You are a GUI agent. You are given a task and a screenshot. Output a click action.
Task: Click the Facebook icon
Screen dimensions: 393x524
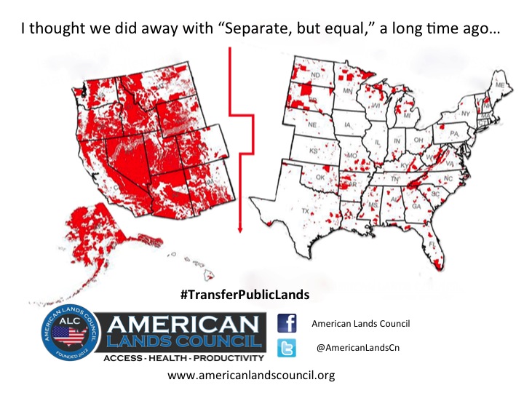tap(287, 323)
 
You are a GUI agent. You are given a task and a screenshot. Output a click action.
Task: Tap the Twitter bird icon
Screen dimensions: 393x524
tap(287, 348)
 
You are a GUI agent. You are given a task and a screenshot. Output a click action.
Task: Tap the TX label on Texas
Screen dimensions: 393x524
tap(306, 211)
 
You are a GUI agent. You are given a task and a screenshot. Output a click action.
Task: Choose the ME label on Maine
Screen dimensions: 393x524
tap(499, 86)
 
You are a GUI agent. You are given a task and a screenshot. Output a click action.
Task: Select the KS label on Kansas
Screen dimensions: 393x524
tap(314, 151)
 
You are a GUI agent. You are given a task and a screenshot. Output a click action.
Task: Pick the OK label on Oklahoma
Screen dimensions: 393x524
tap(319, 177)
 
